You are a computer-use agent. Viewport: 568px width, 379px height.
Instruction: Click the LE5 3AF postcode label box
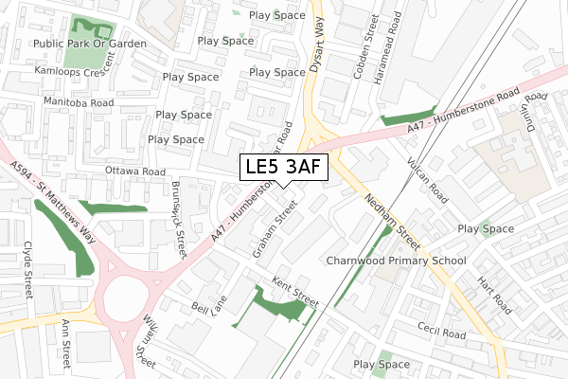(x=284, y=167)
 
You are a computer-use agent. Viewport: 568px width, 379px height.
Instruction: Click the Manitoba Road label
(x=78, y=101)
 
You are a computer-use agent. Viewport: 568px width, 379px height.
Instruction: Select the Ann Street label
(x=65, y=347)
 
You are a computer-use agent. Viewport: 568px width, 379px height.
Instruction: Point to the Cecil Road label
(x=442, y=331)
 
